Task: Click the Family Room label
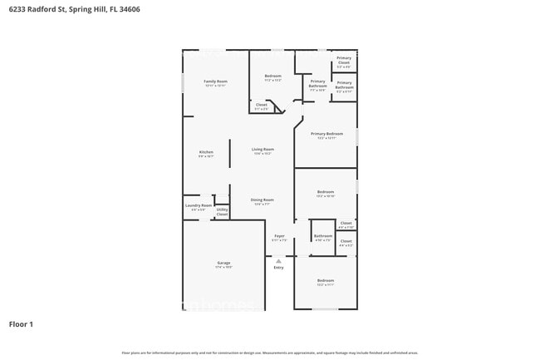pos(215,81)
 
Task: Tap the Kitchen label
pos(206,152)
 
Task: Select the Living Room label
pos(263,150)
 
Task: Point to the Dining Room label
pos(263,200)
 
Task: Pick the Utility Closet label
pos(222,211)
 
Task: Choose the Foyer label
pos(279,236)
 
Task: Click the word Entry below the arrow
pos(279,267)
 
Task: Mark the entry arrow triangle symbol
pos(279,259)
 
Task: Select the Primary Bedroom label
pos(326,134)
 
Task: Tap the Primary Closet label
pos(343,60)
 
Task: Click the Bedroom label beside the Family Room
pos(273,76)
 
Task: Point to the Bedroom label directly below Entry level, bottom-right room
pos(325,281)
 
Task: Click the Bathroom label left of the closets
pos(322,236)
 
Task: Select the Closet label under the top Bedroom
pos(261,105)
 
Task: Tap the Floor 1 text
pos(21,323)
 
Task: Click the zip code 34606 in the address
pos(150,9)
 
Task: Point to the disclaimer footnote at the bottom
pos(270,353)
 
